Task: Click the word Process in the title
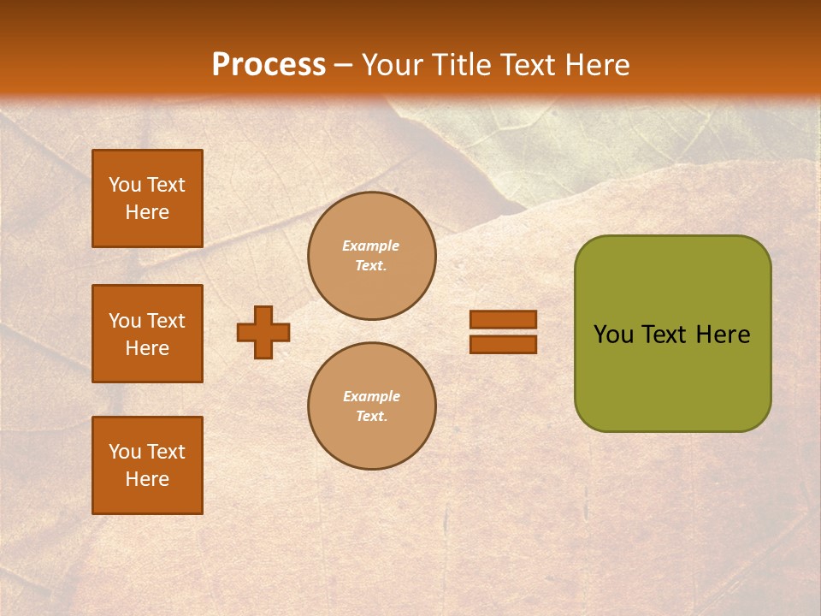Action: (269, 65)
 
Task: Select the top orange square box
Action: (147, 198)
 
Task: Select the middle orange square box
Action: (147, 334)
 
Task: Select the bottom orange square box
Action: (147, 465)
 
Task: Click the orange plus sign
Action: (263, 332)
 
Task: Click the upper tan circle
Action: (372, 256)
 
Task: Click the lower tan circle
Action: (372, 406)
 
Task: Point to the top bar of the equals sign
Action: (503, 320)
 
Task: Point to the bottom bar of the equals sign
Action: (503, 344)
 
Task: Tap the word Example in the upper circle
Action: (371, 246)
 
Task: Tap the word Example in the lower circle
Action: (371, 397)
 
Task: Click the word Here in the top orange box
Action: (147, 212)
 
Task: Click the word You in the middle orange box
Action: (124, 321)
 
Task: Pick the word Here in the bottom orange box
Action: (147, 479)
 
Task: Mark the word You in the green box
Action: (613, 335)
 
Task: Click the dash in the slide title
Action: (344, 65)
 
